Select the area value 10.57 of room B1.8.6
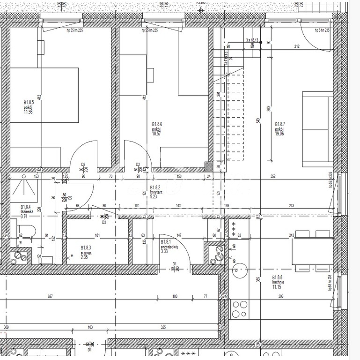pyautogui.click(x=156, y=133)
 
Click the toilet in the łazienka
pyautogui.click(x=29, y=231)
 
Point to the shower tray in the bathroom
pyautogui.click(x=23, y=187)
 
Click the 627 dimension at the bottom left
pyautogui.click(x=50, y=296)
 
